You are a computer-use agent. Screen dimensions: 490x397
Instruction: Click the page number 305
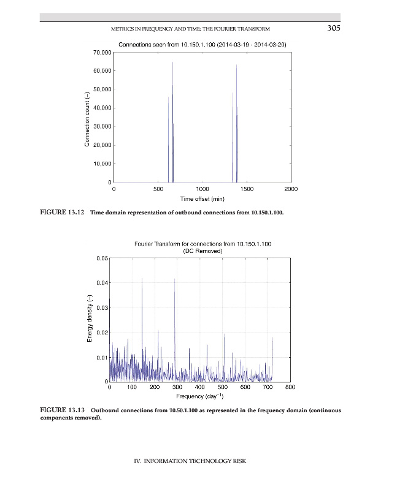click(333, 28)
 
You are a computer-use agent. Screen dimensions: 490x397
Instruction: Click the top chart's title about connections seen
click(202, 45)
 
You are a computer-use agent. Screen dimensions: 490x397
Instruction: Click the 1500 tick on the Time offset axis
click(247, 190)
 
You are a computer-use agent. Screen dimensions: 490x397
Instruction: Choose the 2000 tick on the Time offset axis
click(291, 190)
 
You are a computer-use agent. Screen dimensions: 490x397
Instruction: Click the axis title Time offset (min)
click(202, 199)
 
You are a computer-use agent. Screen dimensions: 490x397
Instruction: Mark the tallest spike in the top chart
click(172, 63)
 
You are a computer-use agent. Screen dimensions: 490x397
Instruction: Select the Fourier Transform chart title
click(202, 244)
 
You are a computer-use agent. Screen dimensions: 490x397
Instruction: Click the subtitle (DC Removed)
click(202, 251)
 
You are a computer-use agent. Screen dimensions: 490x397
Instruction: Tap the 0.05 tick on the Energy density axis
click(102, 258)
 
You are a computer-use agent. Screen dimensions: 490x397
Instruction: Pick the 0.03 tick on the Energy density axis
click(102, 307)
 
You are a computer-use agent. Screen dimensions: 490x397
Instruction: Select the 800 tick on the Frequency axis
click(290, 388)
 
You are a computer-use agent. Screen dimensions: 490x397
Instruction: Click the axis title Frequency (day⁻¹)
click(199, 396)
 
